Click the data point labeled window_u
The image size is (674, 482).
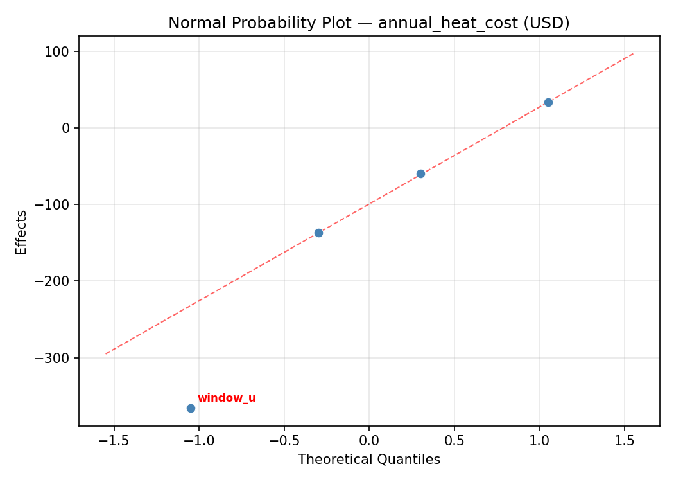(x=191, y=408)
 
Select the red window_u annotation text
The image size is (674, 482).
(x=226, y=398)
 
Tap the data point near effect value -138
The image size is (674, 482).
(x=318, y=233)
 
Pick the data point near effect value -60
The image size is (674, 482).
(x=420, y=174)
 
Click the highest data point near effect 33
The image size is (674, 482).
(x=548, y=102)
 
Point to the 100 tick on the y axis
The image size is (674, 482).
(x=58, y=51)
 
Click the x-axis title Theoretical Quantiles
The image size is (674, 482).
(x=369, y=460)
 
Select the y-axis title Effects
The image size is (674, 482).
(x=22, y=232)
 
